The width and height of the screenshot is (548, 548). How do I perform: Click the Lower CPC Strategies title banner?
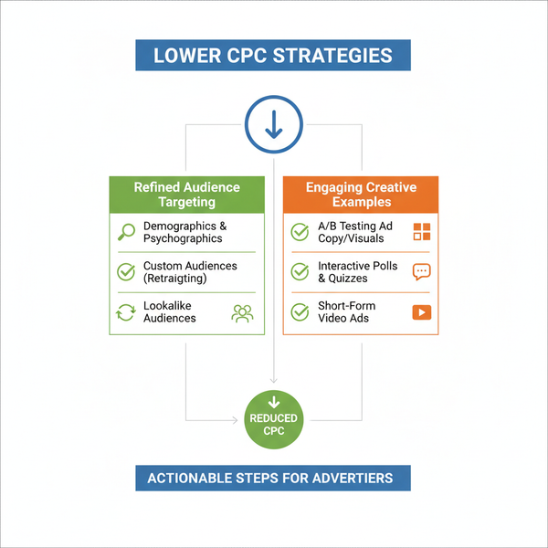tap(273, 55)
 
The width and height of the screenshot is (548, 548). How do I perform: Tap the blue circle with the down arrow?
tap(274, 124)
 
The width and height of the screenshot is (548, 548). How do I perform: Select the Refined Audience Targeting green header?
tap(186, 195)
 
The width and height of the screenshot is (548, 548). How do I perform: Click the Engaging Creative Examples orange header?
tap(361, 195)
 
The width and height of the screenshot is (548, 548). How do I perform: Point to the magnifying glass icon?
tap(126, 232)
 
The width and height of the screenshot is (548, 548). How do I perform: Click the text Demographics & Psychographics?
tap(184, 232)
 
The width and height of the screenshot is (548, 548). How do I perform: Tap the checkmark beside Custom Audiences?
tap(126, 272)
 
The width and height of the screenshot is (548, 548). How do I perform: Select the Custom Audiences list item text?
tap(190, 272)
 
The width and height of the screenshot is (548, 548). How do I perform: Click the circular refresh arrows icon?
tap(126, 312)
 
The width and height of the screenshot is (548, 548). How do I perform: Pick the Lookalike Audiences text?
tap(170, 311)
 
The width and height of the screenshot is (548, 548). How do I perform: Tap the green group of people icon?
tap(242, 313)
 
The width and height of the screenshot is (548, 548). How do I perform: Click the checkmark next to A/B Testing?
tap(300, 232)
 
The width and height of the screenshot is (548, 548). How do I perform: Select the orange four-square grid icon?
tap(422, 232)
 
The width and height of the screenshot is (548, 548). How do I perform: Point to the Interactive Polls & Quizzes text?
tap(357, 272)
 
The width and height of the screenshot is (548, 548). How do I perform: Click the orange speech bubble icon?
tap(421, 272)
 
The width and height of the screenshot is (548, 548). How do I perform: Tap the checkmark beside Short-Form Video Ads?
tap(300, 312)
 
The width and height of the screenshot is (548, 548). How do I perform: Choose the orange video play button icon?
tap(422, 312)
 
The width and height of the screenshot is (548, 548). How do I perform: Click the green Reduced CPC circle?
tap(274, 419)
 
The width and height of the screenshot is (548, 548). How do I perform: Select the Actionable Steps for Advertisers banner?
tap(273, 478)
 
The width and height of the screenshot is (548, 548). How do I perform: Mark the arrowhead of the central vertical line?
tap(274, 381)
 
